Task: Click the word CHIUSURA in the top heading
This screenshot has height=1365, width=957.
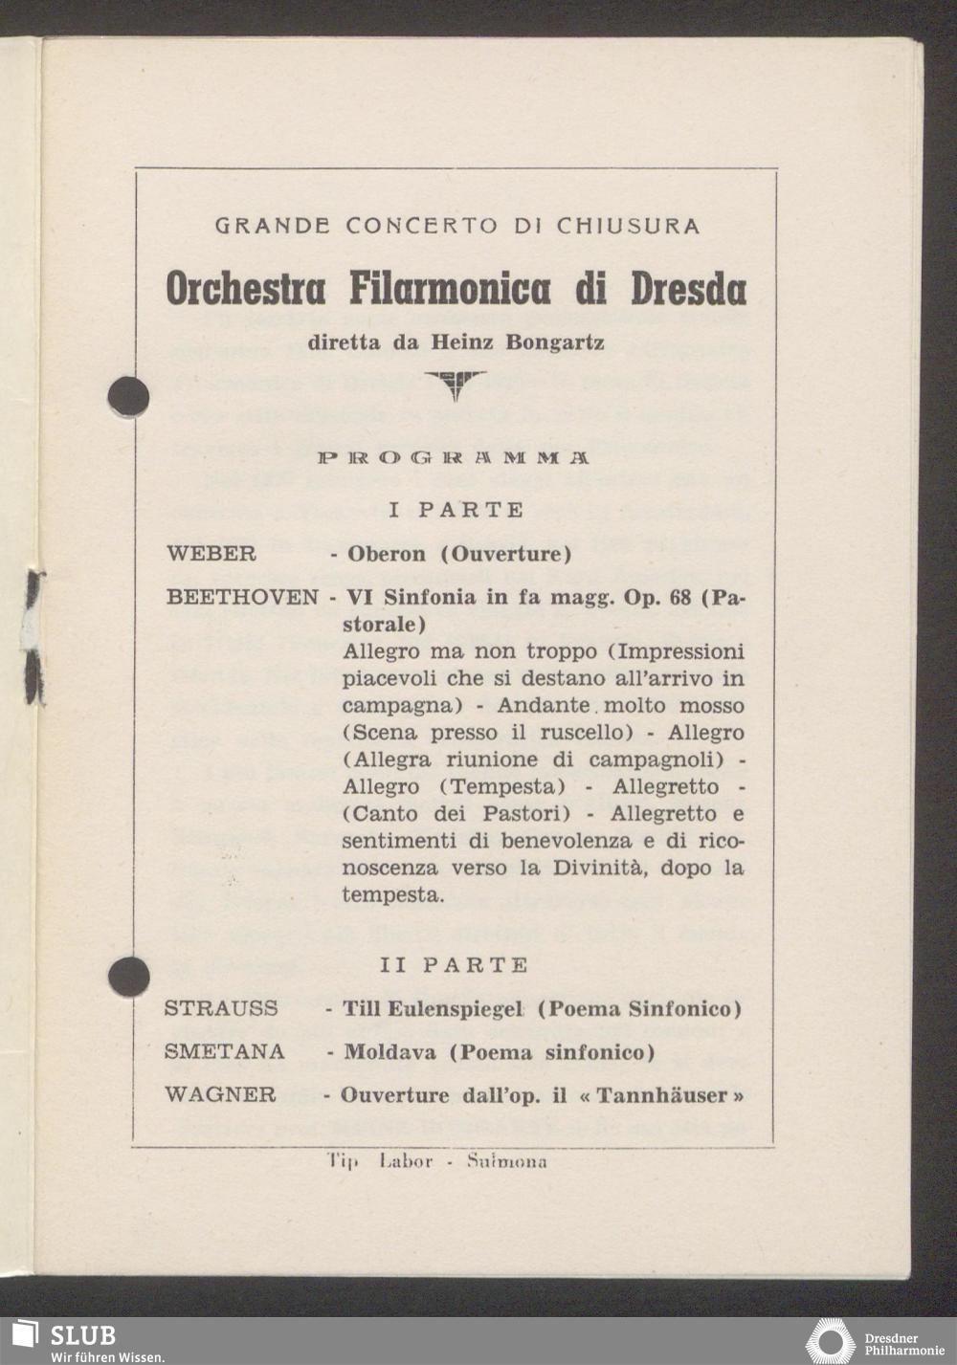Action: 628,227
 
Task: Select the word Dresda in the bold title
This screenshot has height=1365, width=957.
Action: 688,288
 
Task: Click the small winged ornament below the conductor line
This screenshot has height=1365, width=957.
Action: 456,385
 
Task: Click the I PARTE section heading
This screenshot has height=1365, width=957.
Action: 456,510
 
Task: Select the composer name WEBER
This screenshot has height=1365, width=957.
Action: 211,554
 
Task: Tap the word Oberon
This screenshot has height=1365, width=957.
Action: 387,554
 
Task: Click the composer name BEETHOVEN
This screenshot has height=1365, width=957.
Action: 242,597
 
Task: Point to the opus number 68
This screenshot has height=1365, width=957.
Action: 679,597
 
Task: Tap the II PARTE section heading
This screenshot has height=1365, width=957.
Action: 454,965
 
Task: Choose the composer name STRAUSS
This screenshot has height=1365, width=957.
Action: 221,1008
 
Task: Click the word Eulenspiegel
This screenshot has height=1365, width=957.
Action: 455,1008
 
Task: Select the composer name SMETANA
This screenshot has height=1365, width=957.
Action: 224,1052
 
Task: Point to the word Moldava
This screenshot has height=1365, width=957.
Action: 392,1052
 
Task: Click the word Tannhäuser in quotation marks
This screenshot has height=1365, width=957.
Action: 664,1095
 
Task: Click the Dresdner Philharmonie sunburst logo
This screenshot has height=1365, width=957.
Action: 830,1340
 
